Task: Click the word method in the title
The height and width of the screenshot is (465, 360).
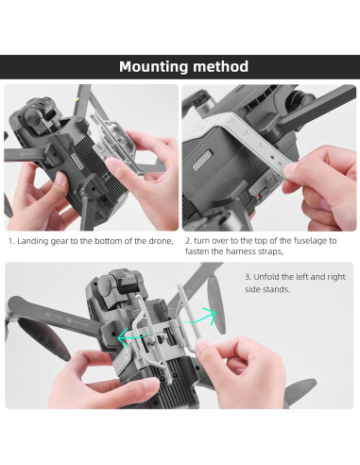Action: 220,66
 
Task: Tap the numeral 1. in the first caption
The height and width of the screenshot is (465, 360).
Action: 11,241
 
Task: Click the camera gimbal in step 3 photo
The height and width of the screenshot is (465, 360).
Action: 111,285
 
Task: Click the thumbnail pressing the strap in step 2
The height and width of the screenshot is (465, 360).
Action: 289,170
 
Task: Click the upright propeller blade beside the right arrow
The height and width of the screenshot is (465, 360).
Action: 216,304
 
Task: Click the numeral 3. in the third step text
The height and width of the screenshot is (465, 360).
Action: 249,277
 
